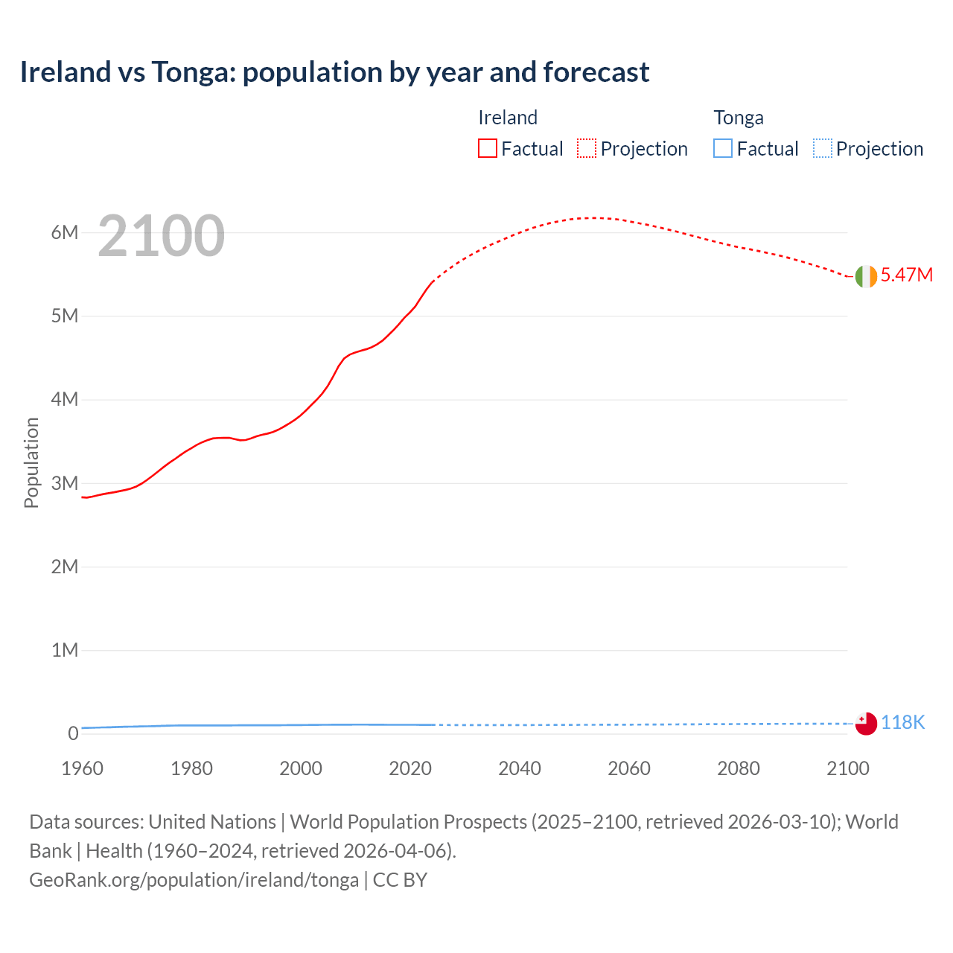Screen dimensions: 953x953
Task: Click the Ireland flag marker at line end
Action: tap(866, 276)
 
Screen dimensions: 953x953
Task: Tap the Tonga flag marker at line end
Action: tap(866, 723)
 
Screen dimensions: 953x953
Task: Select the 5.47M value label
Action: tap(906, 275)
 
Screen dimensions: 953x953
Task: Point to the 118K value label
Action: tap(902, 722)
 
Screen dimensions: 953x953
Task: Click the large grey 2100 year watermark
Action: tap(161, 236)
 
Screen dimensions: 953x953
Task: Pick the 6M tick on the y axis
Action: tap(65, 232)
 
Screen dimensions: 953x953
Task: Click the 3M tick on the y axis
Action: tap(65, 483)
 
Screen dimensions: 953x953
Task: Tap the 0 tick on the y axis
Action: tap(73, 733)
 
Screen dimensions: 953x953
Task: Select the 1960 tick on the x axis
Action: tap(82, 768)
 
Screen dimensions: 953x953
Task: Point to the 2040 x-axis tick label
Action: tap(520, 768)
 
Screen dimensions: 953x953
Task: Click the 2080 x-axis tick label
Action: tap(739, 768)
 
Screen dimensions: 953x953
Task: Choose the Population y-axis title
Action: tap(31, 462)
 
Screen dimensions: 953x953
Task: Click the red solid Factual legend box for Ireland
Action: tap(487, 149)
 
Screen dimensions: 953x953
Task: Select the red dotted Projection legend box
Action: tap(587, 149)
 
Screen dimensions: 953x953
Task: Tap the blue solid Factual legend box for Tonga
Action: tap(723, 149)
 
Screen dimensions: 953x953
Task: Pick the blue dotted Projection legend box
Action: tap(823, 149)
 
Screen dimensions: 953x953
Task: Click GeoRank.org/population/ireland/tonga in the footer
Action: tap(194, 880)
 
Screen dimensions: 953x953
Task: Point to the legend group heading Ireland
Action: tap(507, 118)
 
